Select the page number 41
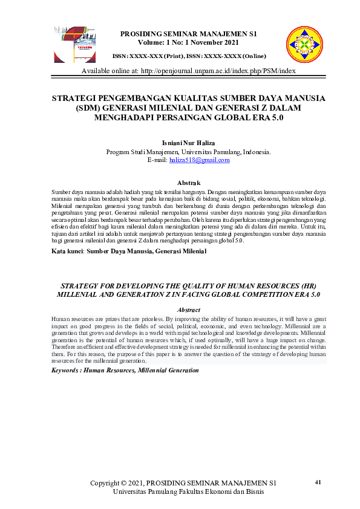coord(319,482)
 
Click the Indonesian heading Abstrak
coord(188,182)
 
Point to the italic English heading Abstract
coord(187,309)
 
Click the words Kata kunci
coord(67,250)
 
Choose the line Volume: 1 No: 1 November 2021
coord(181,43)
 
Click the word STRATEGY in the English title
coord(81,284)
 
